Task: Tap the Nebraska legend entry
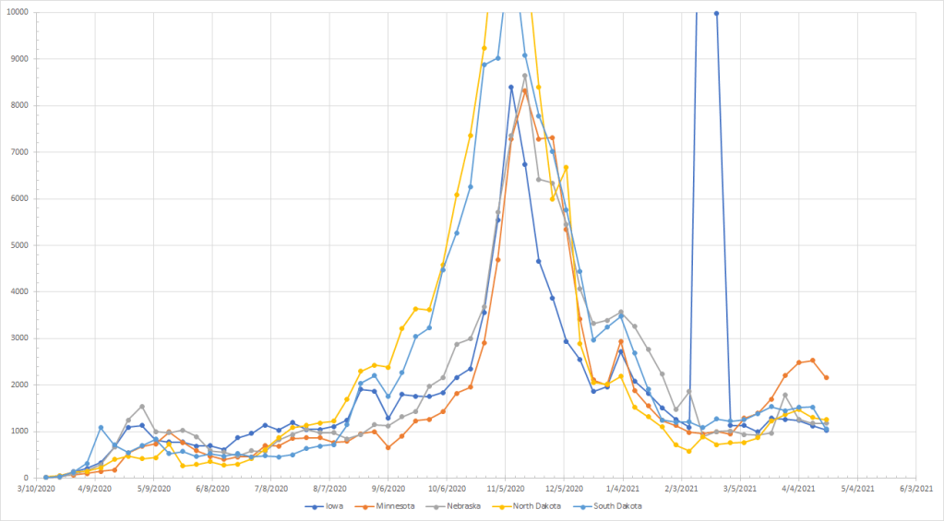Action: pos(469,506)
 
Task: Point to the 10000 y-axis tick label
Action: pos(16,12)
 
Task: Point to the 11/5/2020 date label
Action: pos(506,490)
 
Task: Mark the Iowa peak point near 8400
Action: pos(510,87)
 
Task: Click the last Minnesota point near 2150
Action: pos(826,377)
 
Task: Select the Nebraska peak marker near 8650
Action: pos(525,76)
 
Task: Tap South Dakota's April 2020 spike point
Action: pos(101,428)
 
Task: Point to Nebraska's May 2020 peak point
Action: pos(142,407)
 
